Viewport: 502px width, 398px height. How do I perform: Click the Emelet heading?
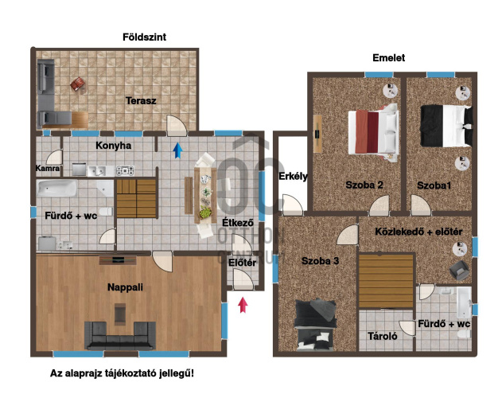pos(388,58)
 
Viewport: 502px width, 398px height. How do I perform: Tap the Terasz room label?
pos(140,101)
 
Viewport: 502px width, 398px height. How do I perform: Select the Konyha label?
pos(114,146)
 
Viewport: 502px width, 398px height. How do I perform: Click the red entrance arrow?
pos(243,303)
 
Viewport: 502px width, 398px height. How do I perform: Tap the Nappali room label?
pos(124,288)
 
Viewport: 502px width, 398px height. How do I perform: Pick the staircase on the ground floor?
pos(138,196)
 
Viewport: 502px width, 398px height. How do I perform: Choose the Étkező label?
pos(237,224)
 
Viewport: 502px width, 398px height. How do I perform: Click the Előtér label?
pos(241,262)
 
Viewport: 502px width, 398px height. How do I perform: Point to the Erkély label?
pos(293,176)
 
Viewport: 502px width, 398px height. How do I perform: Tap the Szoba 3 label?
pos(320,260)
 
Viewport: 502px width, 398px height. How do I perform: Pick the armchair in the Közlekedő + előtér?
pos(458,270)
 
